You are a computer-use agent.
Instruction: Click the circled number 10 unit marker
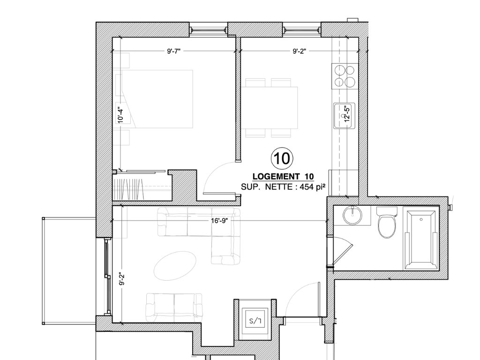click(x=282, y=158)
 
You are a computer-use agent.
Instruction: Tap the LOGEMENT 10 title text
click(x=283, y=177)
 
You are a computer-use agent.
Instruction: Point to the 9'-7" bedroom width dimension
click(x=174, y=51)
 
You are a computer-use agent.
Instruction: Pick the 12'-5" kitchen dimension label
click(x=347, y=114)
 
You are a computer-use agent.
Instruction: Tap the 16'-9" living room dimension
click(x=219, y=220)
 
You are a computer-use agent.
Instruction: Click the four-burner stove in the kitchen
click(x=345, y=76)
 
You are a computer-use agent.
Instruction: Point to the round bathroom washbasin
click(x=352, y=215)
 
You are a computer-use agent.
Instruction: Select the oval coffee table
click(x=175, y=265)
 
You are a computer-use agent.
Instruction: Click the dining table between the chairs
click(x=270, y=107)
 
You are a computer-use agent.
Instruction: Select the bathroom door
click(x=343, y=251)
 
